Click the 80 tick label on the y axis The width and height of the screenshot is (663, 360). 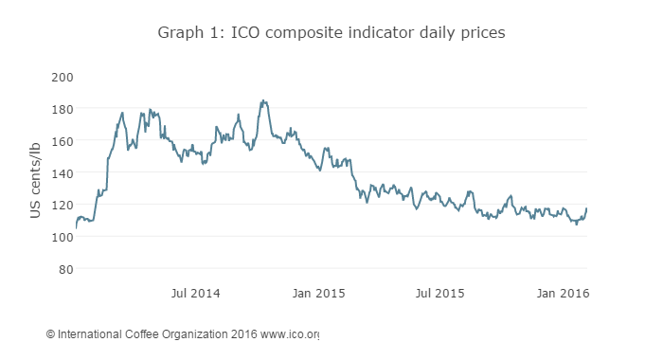(65, 269)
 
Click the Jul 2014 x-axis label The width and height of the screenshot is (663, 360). (195, 294)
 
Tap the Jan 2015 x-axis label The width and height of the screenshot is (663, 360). (316, 294)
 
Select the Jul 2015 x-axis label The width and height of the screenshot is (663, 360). (439, 294)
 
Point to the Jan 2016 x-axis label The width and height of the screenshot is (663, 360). (562, 294)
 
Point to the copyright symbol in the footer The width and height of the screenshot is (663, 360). (50, 334)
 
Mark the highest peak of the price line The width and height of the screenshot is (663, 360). (262, 100)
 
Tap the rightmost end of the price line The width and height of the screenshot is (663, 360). (587, 208)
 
